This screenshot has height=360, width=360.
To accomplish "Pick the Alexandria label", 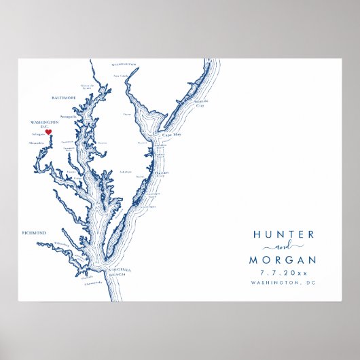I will click(37, 144).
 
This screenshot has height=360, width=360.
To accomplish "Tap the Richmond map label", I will click(34, 232).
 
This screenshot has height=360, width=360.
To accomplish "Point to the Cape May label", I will click(171, 134).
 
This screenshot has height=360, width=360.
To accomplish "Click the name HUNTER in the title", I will click(283, 234).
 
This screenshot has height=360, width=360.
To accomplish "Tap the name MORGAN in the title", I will click(283, 259).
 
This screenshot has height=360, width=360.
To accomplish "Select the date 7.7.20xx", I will click(283, 273).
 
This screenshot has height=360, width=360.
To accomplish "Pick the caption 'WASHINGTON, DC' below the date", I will click(283, 283).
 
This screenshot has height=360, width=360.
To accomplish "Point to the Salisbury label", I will click(125, 171).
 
